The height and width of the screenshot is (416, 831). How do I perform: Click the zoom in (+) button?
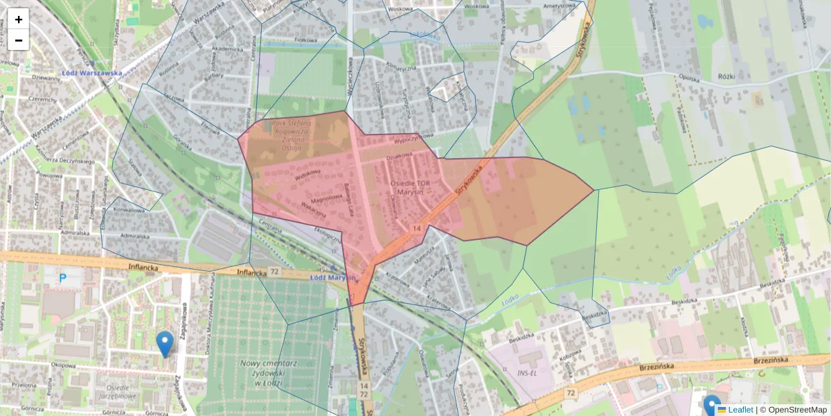click(19, 19)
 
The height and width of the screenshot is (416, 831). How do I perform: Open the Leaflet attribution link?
click(740, 410)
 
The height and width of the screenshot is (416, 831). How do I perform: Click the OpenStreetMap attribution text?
click(796, 410)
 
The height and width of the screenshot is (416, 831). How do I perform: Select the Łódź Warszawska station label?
click(91, 73)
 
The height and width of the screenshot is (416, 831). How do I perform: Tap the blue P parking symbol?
click(62, 278)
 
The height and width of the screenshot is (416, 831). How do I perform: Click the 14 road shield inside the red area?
click(416, 228)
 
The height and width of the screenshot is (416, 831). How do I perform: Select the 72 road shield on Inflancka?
click(275, 272)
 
